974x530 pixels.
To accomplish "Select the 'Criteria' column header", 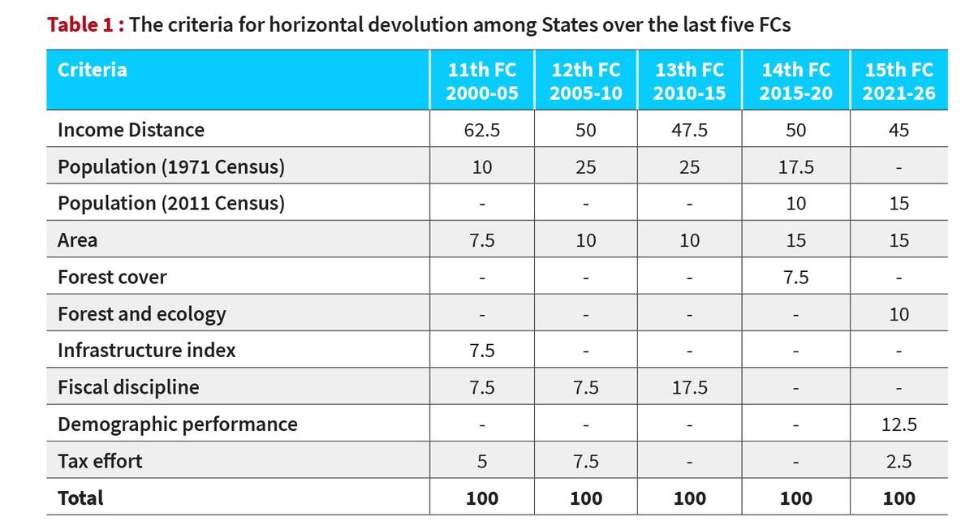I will tap(92, 70).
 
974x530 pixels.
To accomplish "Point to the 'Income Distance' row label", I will tap(131, 130).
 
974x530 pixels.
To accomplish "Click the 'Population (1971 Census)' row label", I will tap(170, 167).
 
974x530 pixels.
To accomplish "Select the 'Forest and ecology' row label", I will tap(141, 314).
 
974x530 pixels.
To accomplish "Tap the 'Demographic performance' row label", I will tap(177, 424).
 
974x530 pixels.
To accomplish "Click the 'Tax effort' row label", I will tap(99, 461).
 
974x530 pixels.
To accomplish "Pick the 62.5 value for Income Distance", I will tap(481, 130).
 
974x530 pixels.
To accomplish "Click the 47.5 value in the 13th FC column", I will tap(689, 130).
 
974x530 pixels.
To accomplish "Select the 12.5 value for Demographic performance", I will tap(899, 424).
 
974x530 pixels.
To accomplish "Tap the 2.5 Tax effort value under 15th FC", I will tap(899, 462).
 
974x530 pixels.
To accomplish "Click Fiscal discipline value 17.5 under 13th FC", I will tap(689, 388).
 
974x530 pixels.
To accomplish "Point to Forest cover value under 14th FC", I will tap(795, 278).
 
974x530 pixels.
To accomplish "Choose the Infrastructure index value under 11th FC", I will tap(481, 351).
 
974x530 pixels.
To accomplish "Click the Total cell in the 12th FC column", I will tap(585, 498).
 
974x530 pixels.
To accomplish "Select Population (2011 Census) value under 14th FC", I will tap(795, 204).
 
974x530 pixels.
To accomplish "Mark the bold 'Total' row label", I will tap(80, 498).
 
